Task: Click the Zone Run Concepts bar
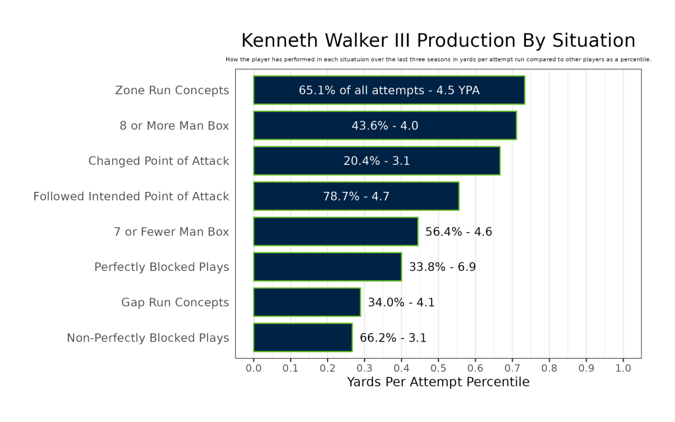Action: click(389, 90)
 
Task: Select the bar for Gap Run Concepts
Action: click(307, 303)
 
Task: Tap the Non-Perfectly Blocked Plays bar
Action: click(303, 338)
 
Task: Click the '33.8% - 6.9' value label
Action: click(442, 267)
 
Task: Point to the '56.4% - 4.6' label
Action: click(459, 231)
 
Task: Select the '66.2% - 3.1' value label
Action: click(393, 338)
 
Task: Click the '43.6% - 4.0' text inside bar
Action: click(385, 126)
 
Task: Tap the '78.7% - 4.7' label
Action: click(356, 196)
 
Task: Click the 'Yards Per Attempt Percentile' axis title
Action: click(438, 382)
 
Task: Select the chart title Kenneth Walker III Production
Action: click(438, 41)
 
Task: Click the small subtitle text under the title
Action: click(438, 59)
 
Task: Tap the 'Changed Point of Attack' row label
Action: click(159, 161)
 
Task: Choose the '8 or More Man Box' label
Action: click(175, 126)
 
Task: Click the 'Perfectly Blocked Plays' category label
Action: click(161, 267)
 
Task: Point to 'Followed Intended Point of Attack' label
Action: click(131, 196)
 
